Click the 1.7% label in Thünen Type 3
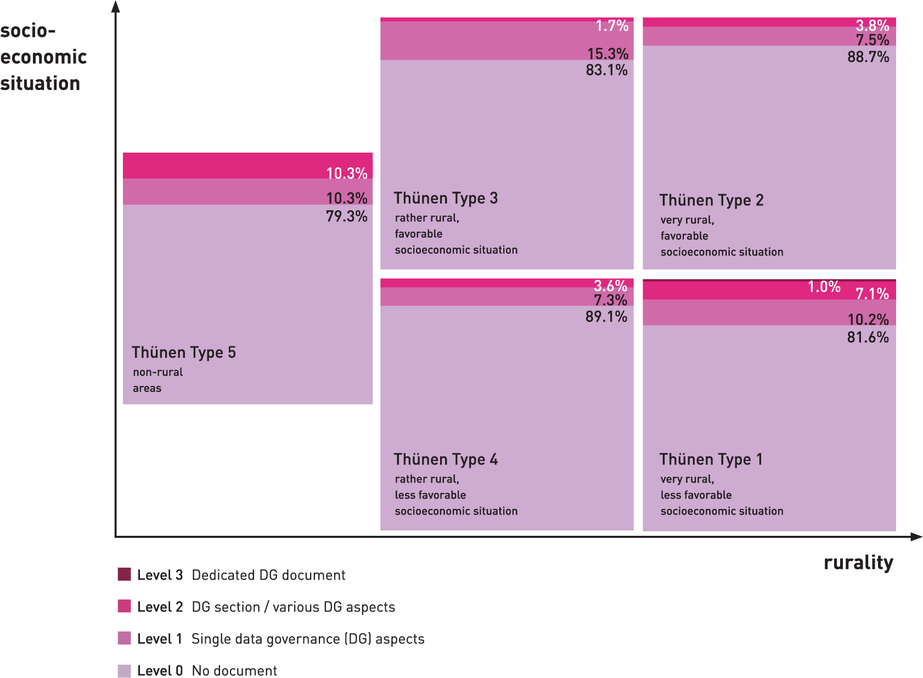click(612, 26)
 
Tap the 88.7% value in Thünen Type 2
click(868, 57)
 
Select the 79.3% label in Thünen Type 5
click(346, 216)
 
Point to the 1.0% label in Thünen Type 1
click(824, 287)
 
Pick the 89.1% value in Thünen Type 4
click(606, 317)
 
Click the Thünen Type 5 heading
click(183, 352)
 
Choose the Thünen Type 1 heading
click(711, 460)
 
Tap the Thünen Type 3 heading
click(446, 198)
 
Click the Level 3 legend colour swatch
click(125, 574)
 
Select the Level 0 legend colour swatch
click(125, 671)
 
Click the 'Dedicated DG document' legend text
click(268, 575)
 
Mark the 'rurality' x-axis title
click(858, 563)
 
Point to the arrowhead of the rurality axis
click(916, 536)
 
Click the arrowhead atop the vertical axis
click(116, 7)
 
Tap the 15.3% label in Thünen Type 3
click(607, 54)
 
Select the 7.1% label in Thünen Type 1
click(872, 294)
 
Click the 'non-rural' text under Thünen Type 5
click(157, 372)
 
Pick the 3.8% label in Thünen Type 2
click(872, 25)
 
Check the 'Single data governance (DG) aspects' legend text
click(308, 639)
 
